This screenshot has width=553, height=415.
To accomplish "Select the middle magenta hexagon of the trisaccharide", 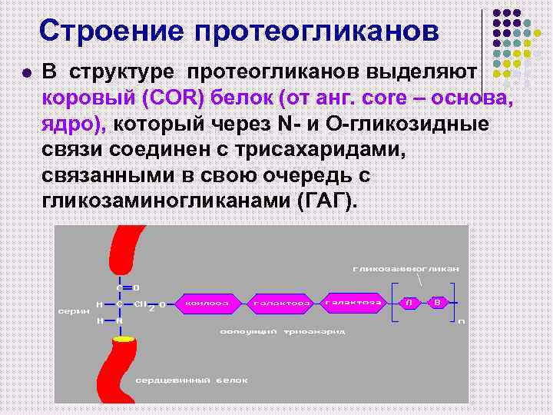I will coord(282,303).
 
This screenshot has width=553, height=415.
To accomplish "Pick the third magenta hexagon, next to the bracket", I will coord(354,302).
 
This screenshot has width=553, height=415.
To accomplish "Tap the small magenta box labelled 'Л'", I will coord(411,302).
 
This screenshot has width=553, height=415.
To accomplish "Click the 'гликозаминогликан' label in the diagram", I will coord(406,269).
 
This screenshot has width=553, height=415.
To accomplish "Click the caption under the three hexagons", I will coord(283,331).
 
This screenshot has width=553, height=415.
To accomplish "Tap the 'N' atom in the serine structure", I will coord(120,320).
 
